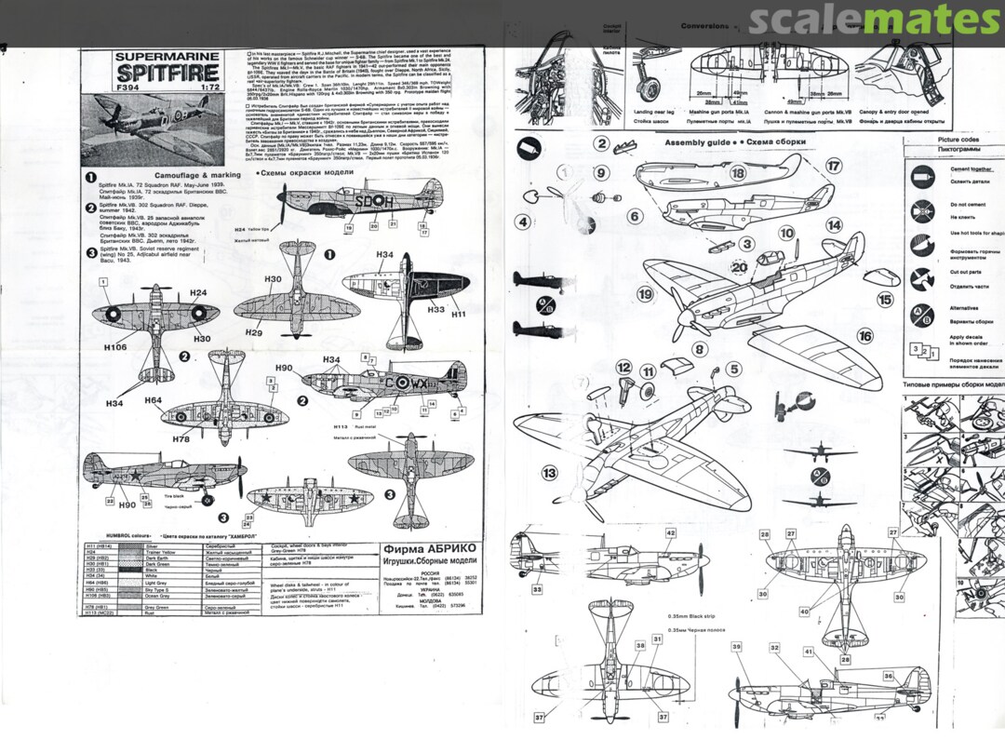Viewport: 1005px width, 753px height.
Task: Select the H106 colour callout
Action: coord(115,346)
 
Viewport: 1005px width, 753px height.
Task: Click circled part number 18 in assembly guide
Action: coord(738,173)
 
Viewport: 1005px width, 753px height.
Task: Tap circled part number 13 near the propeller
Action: coord(550,474)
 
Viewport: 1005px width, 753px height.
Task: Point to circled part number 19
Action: coord(645,294)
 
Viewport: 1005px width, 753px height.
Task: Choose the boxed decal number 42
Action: coord(670,533)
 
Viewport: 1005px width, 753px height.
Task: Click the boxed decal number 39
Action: coord(735,647)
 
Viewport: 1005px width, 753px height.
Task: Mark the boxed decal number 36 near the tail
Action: coord(888,677)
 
